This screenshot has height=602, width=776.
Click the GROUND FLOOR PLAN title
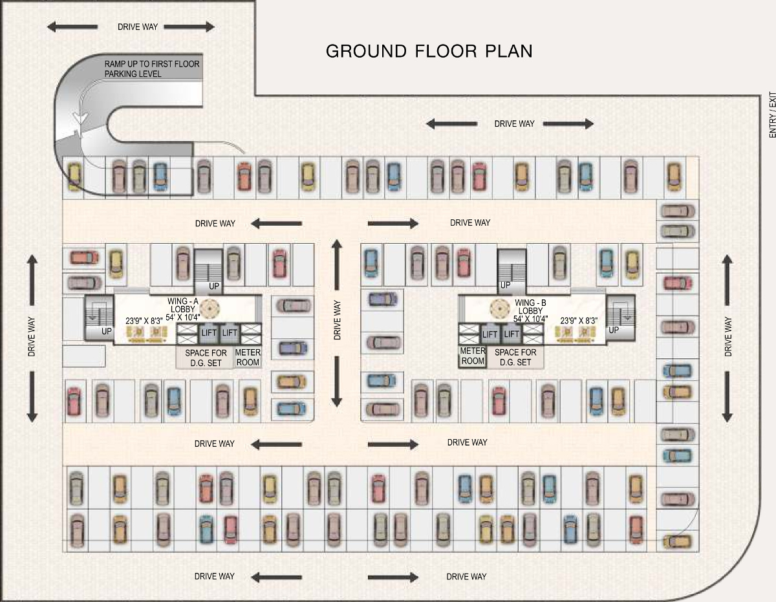429,51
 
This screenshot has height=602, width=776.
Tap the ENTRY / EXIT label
771,115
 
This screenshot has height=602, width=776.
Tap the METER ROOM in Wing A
248,357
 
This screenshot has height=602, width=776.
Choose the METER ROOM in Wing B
472,356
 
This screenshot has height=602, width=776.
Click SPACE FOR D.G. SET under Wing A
206,358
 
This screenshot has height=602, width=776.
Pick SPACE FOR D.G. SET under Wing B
515,357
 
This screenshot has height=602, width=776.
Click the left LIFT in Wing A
209,333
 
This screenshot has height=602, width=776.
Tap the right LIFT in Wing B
512,334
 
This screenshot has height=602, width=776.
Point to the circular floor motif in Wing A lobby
209,309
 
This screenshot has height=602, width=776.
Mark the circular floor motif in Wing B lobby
500,308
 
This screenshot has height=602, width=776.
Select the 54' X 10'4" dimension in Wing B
530,319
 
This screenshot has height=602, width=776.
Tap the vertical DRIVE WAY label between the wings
337,321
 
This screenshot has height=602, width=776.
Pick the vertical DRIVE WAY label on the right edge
728,336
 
